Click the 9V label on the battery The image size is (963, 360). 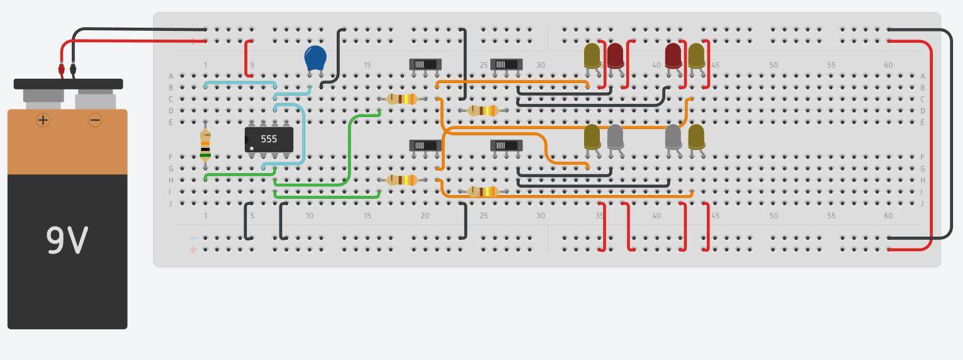click(x=67, y=240)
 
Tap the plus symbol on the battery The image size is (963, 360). click(x=43, y=120)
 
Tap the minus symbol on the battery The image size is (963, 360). click(x=95, y=120)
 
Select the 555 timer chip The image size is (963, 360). click(x=269, y=139)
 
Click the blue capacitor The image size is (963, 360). click(x=315, y=58)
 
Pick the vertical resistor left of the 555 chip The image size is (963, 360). click(x=205, y=145)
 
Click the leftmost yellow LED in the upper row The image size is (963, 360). click(x=592, y=55)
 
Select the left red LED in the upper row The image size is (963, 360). click(x=615, y=55)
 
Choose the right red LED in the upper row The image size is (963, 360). click(x=673, y=55)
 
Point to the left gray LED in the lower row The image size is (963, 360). click(x=615, y=137)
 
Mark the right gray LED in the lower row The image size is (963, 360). click(x=673, y=137)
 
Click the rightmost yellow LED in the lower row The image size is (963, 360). click(x=696, y=137)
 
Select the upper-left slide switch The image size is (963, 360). click(x=425, y=64)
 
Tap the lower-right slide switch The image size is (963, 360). click(x=506, y=145)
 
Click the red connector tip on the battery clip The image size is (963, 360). click(x=62, y=69)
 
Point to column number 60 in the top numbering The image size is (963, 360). click(x=888, y=65)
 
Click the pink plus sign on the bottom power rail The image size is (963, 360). click(x=193, y=250)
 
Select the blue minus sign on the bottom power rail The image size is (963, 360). click(x=193, y=238)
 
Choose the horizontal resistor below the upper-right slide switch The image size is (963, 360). click(x=483, y=111)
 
